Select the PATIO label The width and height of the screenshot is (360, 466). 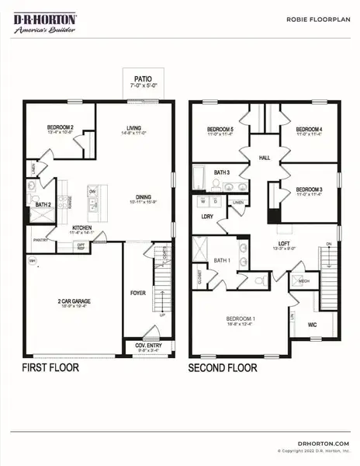click(142, 78)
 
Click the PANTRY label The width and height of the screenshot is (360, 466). click(41, 251)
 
